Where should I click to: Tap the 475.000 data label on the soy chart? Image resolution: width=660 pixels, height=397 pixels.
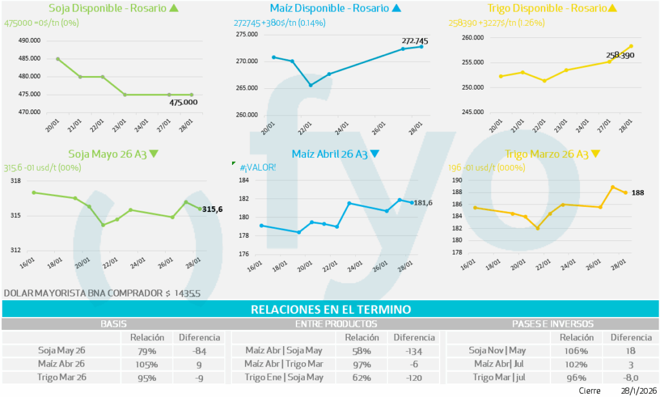(x=183, y=102)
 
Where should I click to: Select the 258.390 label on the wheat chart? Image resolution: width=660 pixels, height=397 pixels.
(x=621, y=55)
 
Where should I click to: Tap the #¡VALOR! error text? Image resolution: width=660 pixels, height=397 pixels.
(x=258, y=168)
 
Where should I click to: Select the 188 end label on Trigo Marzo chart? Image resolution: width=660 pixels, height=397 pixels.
(x=637, y=193)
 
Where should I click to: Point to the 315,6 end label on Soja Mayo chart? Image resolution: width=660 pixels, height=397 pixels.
(x=213, y=209)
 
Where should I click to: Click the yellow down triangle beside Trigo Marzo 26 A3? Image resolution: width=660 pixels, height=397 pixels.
(x=596, y=154)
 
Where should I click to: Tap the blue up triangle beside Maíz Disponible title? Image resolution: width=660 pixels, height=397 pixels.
(x=396, y=8)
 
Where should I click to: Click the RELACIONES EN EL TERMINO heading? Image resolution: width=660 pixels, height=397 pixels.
(x=330, y=309)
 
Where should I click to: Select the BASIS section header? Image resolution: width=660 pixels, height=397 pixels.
(x=113, y=324)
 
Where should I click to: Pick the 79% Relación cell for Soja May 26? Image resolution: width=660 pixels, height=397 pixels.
(x=147, y=351)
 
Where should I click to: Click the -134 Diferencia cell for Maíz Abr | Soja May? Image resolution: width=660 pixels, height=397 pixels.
(x=414, y=351)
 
